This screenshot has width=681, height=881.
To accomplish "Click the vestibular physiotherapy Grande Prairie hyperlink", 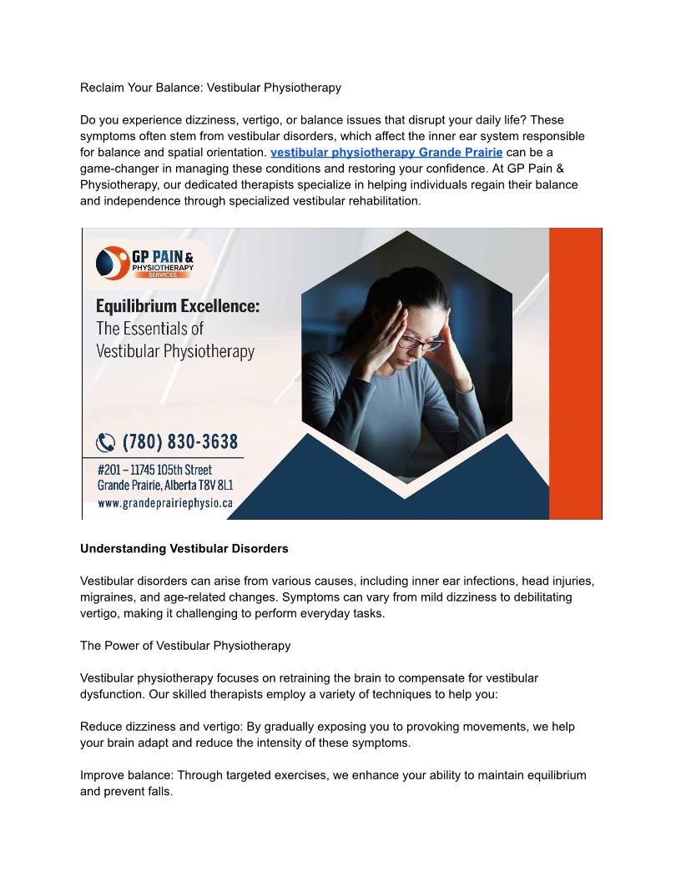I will point(386,153).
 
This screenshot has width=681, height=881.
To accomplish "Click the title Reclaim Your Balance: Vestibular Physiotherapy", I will point(210,88).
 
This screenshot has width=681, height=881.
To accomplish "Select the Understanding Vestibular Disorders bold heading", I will point(184,549).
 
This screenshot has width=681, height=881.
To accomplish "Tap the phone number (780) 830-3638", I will point(180,441).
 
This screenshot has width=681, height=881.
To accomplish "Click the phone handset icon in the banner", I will point(106,442).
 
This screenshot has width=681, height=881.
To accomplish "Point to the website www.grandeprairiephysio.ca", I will point(164,503).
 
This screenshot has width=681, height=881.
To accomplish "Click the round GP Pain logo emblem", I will point(111,263).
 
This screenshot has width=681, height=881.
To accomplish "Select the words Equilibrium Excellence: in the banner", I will point(178,306).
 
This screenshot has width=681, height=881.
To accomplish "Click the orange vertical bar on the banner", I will point(575,373).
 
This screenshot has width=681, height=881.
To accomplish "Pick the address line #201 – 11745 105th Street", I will point(154,470).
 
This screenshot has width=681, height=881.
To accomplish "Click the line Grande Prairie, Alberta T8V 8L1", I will point(164,486).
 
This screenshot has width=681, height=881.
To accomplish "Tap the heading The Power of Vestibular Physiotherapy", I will point(185,646).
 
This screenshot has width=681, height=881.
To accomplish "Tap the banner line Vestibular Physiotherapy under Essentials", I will point(175,351).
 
